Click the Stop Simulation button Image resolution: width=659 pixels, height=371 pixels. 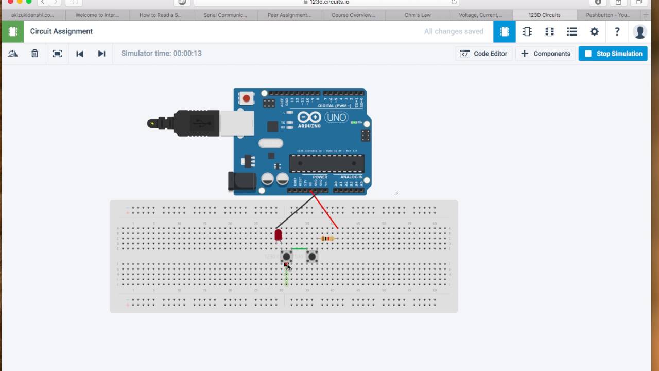tap(613, 54)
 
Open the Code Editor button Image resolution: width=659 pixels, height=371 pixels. tap(483, 54)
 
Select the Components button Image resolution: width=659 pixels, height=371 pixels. tap(546, 54)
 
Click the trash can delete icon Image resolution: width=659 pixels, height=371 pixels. tap(34, 54)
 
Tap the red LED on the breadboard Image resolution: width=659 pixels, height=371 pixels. tap(279, 235)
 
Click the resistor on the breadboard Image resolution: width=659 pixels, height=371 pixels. tap(327, 238)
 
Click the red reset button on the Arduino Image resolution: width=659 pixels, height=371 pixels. tap(247, 98)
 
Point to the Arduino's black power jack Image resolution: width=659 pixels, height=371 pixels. tap(241, 182)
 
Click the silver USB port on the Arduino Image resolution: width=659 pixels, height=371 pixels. tap(237, 123)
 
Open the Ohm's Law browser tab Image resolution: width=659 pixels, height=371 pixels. tap(418, 15)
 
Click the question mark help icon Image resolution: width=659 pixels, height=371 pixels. tap(617, 31)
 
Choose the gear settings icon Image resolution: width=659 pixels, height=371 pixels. tap(594, 31)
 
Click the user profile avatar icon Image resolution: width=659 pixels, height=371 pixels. tap(639, 31)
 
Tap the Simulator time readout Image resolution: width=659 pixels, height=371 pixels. tap(161, 54)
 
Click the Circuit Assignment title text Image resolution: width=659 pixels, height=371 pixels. tap(61, 31)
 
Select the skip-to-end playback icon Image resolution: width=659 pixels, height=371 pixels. tap(101, 54)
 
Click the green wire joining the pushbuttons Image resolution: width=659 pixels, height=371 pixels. tap(299, 248)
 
